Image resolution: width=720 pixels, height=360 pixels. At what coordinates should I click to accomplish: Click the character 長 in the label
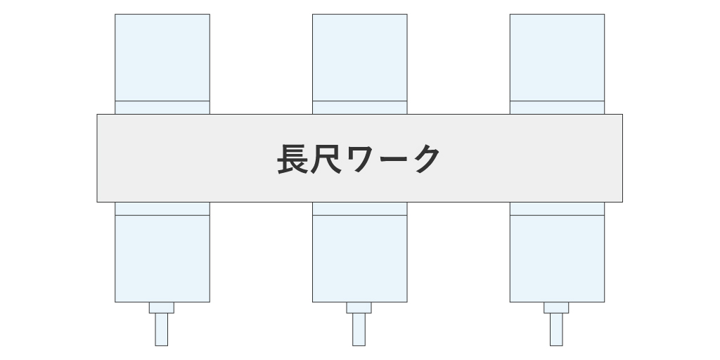292,159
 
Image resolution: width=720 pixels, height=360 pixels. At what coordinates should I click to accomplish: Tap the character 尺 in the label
326,159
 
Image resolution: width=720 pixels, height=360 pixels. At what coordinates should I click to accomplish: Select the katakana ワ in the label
359,160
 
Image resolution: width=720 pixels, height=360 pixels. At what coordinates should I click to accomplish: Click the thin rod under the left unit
161,329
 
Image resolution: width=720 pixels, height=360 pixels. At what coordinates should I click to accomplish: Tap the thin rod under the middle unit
359,329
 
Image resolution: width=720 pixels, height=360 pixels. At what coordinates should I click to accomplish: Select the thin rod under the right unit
556,329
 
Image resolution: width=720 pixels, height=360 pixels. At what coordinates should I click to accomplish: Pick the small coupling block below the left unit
162,308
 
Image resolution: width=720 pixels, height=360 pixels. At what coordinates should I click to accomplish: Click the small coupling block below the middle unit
359,308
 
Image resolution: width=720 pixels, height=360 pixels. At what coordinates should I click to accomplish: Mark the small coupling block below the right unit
556,308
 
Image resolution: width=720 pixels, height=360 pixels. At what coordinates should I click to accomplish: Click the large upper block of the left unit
162,58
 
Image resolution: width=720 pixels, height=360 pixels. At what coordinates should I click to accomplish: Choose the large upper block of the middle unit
360,58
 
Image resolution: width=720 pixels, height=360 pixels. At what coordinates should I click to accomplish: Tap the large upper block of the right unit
557,58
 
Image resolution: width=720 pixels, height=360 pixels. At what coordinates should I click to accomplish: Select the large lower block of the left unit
162,259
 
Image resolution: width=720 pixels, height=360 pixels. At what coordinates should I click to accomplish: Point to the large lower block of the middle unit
360,259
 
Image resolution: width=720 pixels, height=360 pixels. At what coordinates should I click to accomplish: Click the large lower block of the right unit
557,259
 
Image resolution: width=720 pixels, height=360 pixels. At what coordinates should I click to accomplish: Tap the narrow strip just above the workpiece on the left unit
162,108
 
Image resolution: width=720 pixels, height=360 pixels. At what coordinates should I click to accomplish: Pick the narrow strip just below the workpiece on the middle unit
360,208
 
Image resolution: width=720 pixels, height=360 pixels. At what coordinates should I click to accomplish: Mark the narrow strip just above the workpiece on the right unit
557,108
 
